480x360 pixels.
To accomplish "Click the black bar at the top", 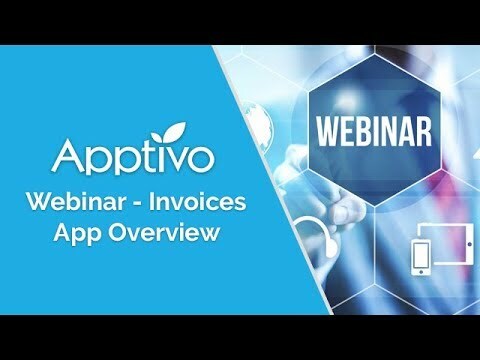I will click(x=240, y=21).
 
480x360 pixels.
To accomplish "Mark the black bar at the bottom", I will click(x=240, y=337).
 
